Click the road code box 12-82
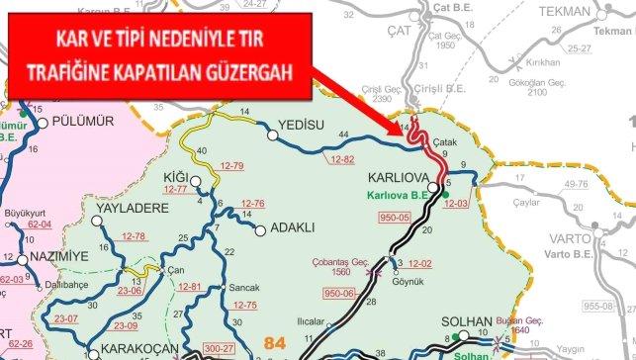point(341,158)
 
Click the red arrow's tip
point(409,131)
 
